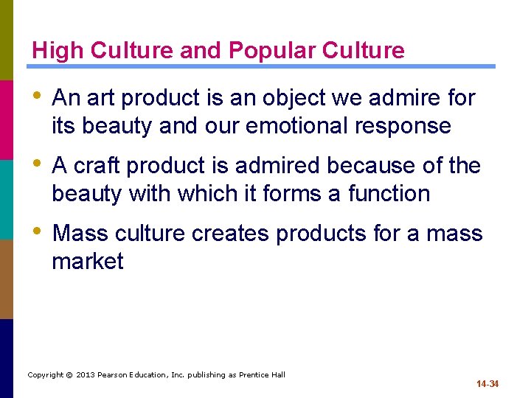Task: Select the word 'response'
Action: pos(403,126)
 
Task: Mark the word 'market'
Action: pos(87,262)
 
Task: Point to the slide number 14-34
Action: pos(487,384)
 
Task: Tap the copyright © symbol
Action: pos(68,375)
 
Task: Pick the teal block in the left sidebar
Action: pos(6,199)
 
